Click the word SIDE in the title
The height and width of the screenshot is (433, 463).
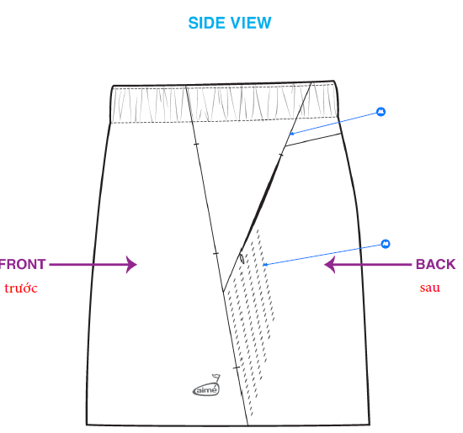pos(207,23)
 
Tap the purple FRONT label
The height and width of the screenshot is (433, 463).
pos(23,264)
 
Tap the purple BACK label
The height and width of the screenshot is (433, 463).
pos(435,264)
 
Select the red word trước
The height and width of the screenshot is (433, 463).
pos(21,288)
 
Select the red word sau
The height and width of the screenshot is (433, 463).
pos(430,288)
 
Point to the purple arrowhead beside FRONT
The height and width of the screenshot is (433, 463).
pos(131,265)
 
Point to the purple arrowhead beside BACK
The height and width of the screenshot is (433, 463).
pos(329,265)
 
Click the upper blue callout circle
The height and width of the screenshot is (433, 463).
pos(381,112)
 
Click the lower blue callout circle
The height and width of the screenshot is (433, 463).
pos(385,244)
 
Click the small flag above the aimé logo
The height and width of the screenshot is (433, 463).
pos(216,378)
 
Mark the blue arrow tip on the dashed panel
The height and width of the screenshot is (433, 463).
pos(263,265)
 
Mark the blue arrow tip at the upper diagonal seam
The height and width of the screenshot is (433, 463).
pos(290,135)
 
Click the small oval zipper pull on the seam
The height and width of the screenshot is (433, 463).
pos(242,258)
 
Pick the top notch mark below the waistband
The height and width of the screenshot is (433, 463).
pos(196,144)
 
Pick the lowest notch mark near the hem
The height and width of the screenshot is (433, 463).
pos(237,367)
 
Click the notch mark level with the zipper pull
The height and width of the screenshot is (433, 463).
pos(216,253)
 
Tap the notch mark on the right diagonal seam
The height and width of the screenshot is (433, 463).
pos(281,155)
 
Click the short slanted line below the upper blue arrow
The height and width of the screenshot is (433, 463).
pos(313,140)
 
